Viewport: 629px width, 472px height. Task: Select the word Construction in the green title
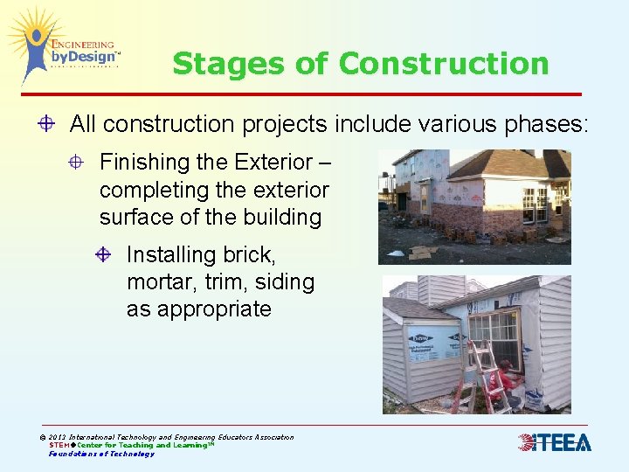pos(444,64)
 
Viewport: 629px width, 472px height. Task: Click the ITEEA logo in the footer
pos(555,443)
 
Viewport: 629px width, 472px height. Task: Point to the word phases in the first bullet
pos(546,124)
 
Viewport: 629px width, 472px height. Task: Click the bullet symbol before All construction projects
pos(48,124)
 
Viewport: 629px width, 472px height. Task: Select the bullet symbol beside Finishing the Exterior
pos(78,163)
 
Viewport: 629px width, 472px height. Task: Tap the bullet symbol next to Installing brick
pos(103,255)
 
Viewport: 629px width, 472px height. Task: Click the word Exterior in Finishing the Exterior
pos(273,163)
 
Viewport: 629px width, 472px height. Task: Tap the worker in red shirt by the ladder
pos(509,383)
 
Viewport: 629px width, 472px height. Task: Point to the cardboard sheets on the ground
pos(424,253)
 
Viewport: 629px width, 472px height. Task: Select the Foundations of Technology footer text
pos(101,454)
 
